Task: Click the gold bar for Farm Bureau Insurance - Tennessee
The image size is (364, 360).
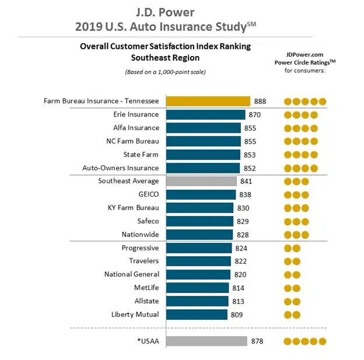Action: (x=208, y=101)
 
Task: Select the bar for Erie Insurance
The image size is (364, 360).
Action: (x=206, y=114)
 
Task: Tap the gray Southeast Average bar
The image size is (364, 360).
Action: (x=202, y=181)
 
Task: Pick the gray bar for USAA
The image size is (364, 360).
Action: (x=207, y=341)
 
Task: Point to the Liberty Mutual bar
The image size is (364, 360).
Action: (x=197, y=314)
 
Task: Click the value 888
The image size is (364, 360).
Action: (x=260, y=101)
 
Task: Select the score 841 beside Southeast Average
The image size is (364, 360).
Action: (x=246, y=181)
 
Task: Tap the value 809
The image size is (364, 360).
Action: (x=236, y=314)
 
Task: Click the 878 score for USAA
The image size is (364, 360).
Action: (x=257, y=341)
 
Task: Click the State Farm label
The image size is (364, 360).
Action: (x=141, y=155)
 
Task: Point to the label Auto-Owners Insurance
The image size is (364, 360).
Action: (x=121, y=168)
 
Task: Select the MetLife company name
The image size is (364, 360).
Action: (x=146, y=288)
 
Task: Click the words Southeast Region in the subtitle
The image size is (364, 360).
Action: (x=165, y=58)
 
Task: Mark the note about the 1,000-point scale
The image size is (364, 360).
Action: (x=165, y=72)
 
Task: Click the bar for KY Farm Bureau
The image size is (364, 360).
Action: (x=200, y=208)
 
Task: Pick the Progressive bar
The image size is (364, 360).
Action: (x=199, y=248)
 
